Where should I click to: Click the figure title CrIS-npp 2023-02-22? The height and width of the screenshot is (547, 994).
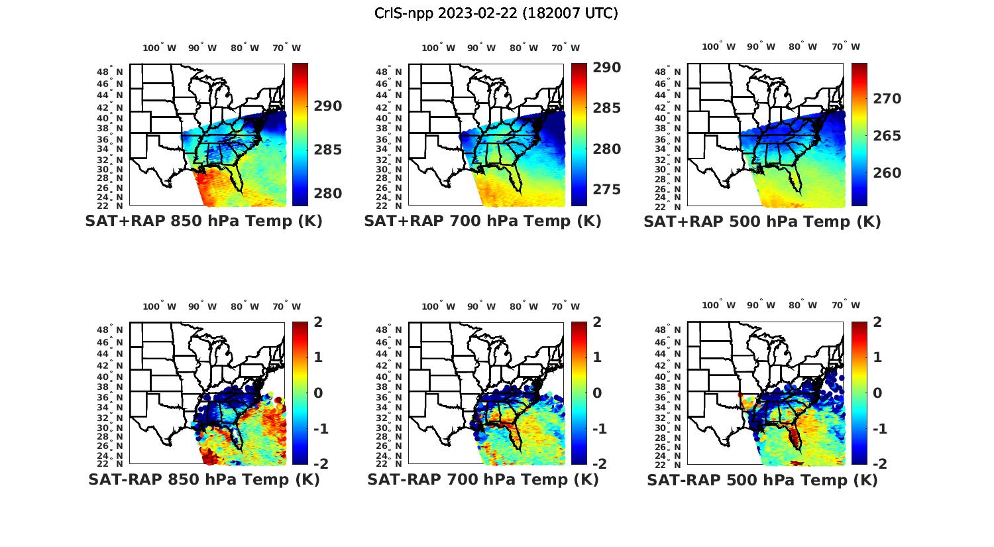[x=496, y=13]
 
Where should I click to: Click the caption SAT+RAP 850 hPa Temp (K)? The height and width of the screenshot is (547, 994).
[x=203, y=221]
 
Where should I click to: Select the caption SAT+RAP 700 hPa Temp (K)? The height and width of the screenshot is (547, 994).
[x=482, y=221]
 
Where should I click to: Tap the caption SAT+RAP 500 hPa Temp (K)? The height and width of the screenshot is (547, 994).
[x=762, y=222]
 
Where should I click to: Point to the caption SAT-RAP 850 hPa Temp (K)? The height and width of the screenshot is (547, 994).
[x=203, y=479]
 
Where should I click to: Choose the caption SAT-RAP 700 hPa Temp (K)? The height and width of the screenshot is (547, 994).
[x=482, y=479]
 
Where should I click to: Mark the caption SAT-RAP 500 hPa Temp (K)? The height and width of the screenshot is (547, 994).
[x=762, y=480]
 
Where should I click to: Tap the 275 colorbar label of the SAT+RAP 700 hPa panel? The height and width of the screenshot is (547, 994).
[x=606, y=190]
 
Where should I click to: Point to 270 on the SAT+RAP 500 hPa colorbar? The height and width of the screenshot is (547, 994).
[x=887, y=99]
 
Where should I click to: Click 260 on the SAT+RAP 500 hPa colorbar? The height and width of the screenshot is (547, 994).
[x=887, y=173]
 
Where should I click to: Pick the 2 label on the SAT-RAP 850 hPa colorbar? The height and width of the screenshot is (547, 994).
[x=319, y=322]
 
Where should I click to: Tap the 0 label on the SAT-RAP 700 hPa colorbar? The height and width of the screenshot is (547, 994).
[x=598, y=393]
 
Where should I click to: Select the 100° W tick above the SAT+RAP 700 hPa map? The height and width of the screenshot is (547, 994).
[x=438, y=48]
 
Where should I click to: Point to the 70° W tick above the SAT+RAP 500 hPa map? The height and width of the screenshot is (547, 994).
[x=846, y=46]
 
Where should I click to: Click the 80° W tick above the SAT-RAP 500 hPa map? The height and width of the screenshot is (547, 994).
[x=802, y=306]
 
